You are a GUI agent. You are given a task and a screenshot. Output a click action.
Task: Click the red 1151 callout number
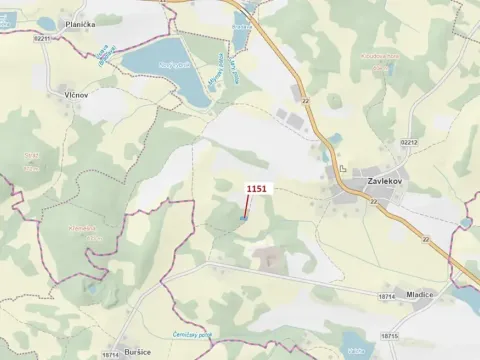coord(258,187)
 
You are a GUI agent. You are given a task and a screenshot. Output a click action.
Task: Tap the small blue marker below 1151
coord(243,218)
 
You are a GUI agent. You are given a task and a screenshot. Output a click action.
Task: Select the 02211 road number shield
coord(41,38)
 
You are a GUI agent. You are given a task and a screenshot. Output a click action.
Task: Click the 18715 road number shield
coord(389,335)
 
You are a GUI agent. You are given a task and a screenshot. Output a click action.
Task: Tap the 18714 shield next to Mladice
coord(388,296)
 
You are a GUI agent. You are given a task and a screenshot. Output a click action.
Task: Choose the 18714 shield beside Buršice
coord(110,354)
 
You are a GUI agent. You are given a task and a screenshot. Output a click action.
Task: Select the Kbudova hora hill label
coord(381,56)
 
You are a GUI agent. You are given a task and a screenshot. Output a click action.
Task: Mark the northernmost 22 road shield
coord(303,100)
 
